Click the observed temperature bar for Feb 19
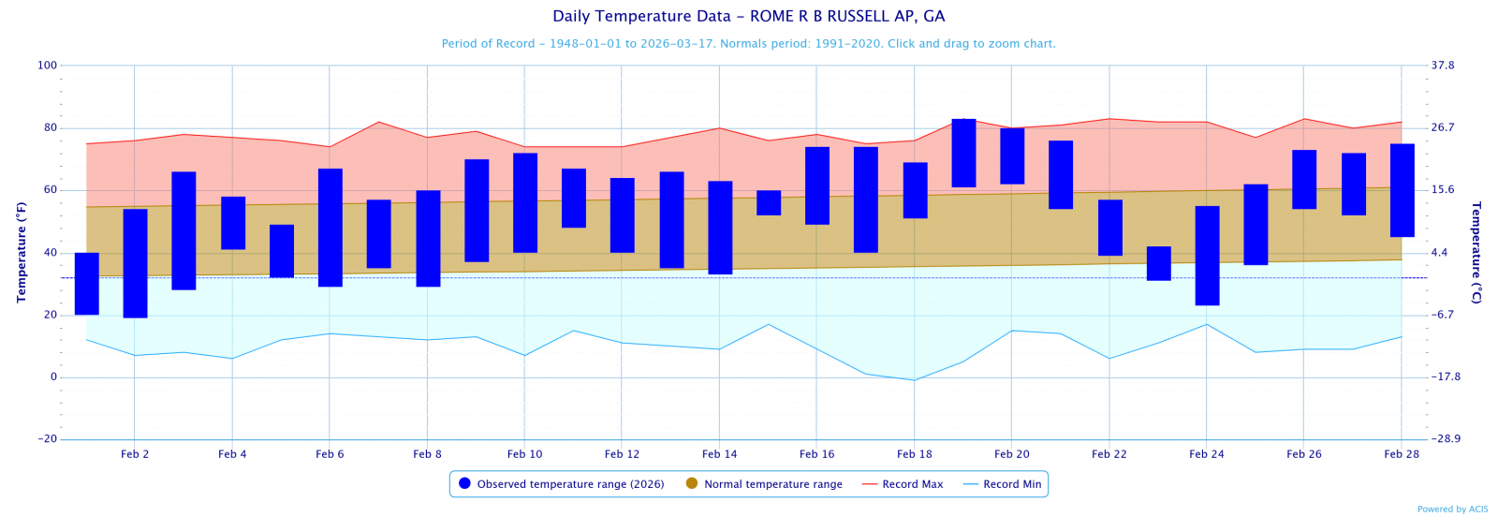point(963,153)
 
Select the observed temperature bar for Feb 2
point(135,263)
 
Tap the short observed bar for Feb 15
point(769,202)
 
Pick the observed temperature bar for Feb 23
point(1158,263)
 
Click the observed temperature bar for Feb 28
point(1402,190)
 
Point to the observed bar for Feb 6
point(330,228)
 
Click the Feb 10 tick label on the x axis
point(524,454)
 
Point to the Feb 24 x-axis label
point(1206,454)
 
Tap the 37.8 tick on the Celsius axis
point(1442,66)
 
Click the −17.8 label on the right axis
point(1446,377)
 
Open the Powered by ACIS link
point(1452,510)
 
